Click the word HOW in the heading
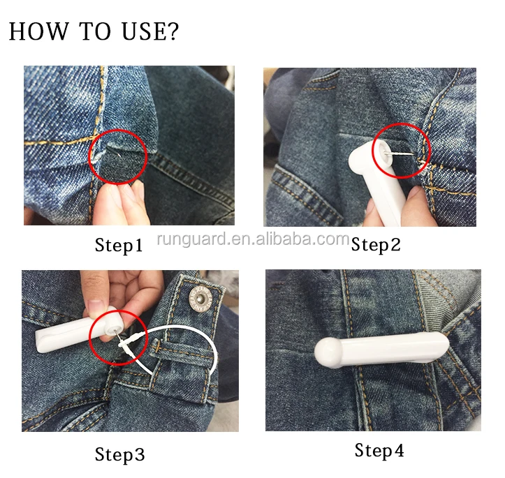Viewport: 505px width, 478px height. point(38,31)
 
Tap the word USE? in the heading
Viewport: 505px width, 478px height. point(150,31)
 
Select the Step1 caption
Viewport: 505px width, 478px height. point(119,246)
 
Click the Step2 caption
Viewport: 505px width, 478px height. point(376,245)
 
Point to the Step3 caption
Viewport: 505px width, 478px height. point(119,455)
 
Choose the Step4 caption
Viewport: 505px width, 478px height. point(379,450)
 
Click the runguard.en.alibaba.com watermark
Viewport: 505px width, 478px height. point(253,239)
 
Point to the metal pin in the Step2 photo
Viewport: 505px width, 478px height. point(401,154)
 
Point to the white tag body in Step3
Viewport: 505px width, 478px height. point(75,329)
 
